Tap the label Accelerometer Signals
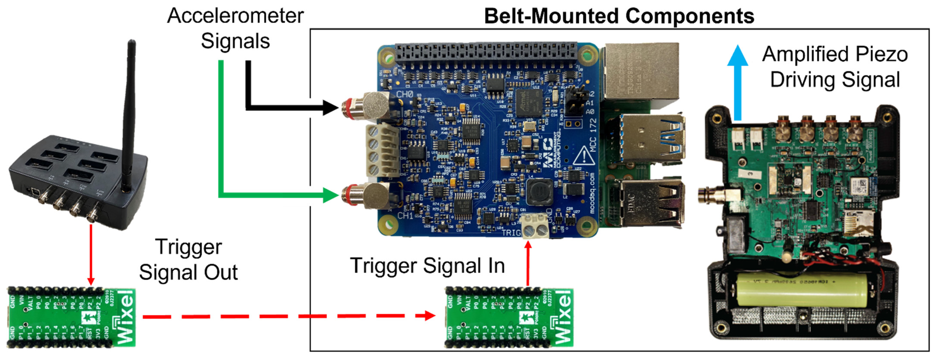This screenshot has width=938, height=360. pyautogui.click(x=235, y=28)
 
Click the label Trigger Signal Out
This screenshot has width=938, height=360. pyautogui.click(x=188, y=259)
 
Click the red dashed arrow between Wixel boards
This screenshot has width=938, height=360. pyautogui.click(x=288, y=316)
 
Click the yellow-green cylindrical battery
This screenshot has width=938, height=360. pyautogui.click(x=801, y=290)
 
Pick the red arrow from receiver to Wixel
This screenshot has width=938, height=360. pyautogui.click(x=91, y=255)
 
